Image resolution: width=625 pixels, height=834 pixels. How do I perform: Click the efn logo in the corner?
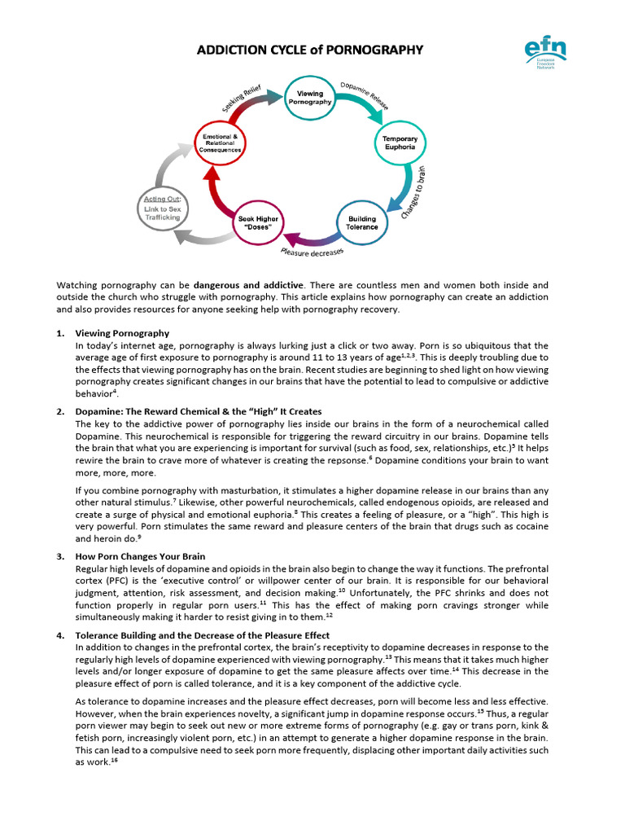(x=545, y=55)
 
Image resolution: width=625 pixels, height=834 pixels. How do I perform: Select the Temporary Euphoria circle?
(x=400, y=143)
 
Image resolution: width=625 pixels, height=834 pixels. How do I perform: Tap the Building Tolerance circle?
(x=363, y=222)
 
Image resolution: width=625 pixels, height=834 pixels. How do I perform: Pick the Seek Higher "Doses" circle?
(x=258, y=223)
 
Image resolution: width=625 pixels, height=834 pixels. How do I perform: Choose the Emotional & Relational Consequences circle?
(x=222, y=143)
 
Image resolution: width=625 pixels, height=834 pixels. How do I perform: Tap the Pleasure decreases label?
(x=311, y=254)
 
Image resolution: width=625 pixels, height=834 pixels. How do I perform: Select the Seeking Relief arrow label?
(x=243, y=97)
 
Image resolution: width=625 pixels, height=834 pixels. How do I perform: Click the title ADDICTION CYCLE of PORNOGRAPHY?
(x=310, y=50)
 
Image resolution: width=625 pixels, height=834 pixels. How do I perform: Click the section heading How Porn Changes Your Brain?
(x=140, y=556)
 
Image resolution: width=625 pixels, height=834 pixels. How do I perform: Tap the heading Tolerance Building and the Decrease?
(x=203, y=634)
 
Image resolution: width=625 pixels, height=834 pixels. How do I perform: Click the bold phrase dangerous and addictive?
(x=248, y=285)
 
